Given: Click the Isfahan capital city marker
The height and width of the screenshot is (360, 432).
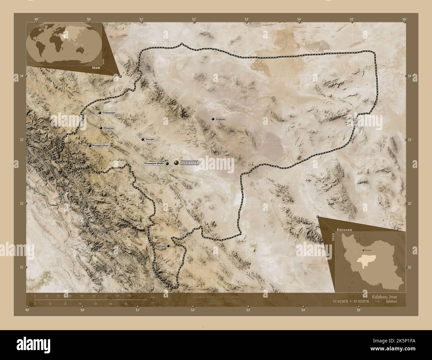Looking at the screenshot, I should (176, 163).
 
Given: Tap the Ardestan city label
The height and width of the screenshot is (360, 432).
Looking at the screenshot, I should (221, 119).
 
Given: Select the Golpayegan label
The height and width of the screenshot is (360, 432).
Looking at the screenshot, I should (109, 113).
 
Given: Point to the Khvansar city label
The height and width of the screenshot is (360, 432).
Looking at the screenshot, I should (109, 128).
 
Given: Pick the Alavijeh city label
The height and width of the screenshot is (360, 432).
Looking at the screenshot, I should (150, 139).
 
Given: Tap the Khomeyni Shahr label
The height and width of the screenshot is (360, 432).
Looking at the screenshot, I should (154, 163).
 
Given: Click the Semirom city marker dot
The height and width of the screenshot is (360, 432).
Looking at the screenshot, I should (168, 246).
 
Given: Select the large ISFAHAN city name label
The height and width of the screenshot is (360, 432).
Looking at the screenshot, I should (190, 163).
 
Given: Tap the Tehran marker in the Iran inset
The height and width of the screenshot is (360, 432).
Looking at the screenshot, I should (363, 250).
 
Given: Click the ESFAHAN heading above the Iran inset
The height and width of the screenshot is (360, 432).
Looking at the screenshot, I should (347, 229).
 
